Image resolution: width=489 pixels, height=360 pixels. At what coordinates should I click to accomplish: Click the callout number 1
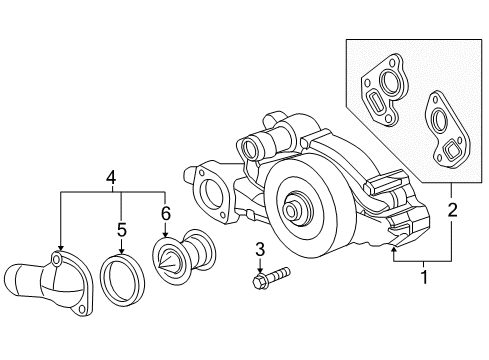coord(424,277)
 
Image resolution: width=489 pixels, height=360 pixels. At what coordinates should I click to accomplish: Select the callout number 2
coord(452,210)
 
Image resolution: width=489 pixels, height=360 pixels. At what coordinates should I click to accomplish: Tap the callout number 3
coord(260,249)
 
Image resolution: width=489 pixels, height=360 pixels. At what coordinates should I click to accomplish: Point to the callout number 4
coord(111,177)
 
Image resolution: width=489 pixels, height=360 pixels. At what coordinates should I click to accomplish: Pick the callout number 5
coord(122,230)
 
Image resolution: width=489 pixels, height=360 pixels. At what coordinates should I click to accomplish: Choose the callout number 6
coord(165,213)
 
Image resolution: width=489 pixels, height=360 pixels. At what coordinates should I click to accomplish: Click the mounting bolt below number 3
coord(271,277)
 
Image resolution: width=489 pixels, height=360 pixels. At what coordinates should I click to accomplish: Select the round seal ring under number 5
coord(122,280)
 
